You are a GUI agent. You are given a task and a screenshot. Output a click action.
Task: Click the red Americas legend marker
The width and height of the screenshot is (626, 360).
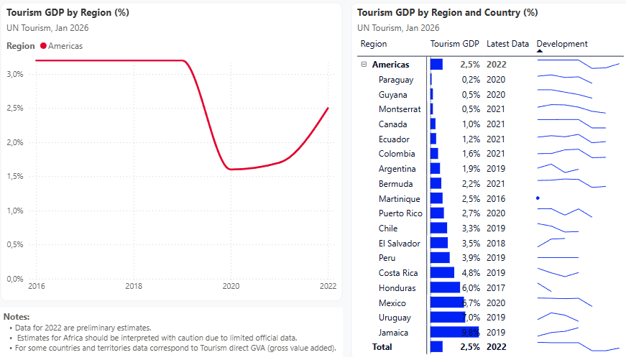[43, 46]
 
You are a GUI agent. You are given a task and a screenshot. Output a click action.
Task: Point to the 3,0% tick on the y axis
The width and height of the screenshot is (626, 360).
[16, 74]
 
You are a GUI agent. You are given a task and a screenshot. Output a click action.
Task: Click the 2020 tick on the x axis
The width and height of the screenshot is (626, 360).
[230, 286]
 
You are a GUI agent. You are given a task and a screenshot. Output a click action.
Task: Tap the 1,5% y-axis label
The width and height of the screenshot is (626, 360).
[16, 176]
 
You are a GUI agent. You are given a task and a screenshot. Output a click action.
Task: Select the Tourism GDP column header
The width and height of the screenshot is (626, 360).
[454, 44]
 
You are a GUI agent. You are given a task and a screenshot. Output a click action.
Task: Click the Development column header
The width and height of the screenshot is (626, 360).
[562, 44]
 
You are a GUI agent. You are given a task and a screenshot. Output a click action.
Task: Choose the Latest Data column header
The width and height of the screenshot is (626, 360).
[507, 44]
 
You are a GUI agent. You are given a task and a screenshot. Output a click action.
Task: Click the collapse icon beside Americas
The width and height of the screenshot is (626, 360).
[364, 65]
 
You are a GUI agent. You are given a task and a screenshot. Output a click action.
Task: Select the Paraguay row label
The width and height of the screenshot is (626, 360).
[396, 80]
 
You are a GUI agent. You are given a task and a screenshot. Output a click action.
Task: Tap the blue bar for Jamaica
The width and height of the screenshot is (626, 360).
[444, 333]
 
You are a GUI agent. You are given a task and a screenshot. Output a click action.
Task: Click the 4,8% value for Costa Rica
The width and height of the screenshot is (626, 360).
[470, 273]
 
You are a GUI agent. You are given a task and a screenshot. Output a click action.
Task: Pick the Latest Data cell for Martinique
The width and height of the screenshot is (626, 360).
[496, 198]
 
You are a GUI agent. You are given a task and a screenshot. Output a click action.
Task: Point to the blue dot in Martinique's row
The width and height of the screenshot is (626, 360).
[538, 198]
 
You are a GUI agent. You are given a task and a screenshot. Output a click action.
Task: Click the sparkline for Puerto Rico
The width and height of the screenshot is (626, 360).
[564, 213]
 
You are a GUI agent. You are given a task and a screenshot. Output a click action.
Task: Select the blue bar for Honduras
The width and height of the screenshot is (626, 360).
[445, 288]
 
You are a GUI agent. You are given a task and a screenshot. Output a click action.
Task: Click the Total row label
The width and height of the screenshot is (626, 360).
[382, 347]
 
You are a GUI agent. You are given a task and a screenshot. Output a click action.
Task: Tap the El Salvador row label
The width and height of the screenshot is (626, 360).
[400, 243]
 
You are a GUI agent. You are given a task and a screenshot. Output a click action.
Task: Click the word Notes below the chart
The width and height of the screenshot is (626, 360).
[17, 317]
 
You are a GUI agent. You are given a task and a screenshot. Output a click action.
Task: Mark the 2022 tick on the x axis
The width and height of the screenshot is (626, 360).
[328, 286]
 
